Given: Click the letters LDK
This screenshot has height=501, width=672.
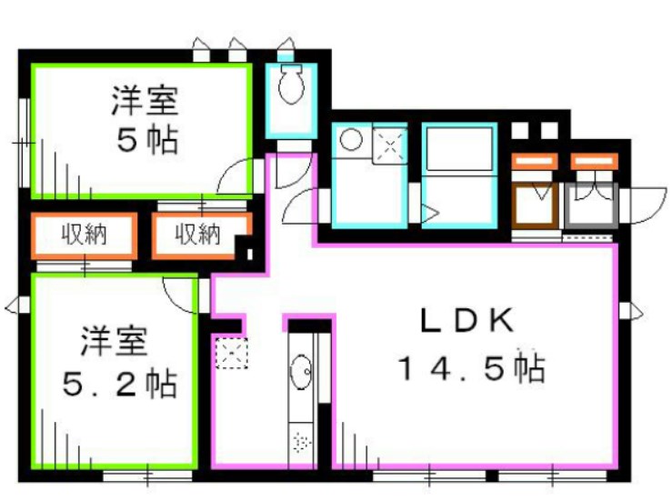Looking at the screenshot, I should tap(467, 321).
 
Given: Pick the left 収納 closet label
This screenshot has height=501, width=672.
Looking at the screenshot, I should tap(84, 235).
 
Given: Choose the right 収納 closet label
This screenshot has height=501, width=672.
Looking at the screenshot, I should tap(198, 235).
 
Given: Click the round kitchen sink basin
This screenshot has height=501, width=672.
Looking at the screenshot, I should tap(302, 372).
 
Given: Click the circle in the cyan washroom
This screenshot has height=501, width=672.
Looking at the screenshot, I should tap(351, 140).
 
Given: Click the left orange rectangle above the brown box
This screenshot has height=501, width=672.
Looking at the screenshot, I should tap(535, 162).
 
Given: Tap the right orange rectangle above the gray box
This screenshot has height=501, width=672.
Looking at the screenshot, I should tap(595, 162).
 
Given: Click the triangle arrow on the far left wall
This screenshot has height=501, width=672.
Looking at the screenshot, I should tap(11, 304).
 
